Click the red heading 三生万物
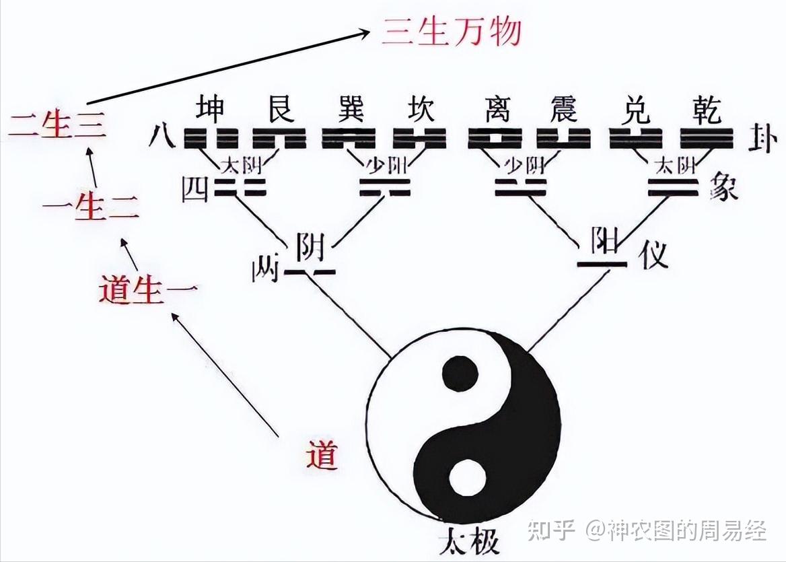coord(452,31)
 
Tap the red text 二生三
coord(57,127)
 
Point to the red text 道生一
coord(148,291)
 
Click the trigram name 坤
coord(211,109)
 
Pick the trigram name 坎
coord(419,109)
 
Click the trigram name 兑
coord(634,109)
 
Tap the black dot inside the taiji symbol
coord(460,375)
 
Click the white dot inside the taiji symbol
coord(467,479)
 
